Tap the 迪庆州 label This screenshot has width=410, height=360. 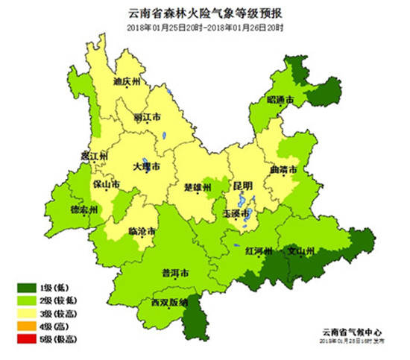click(127, 82)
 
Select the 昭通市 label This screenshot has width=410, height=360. click(280, 99)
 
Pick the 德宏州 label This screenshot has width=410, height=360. click(84, 209)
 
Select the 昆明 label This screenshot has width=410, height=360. click(242, 185)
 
